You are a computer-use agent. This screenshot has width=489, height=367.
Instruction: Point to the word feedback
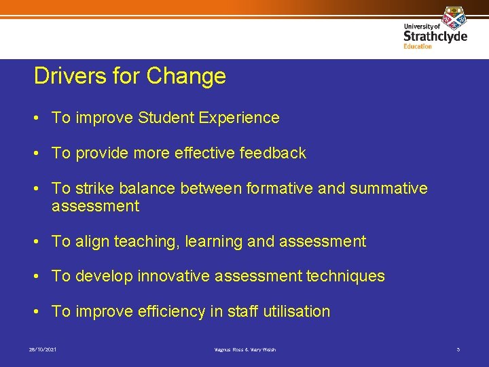(273, 153)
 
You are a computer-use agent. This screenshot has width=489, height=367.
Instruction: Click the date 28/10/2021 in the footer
(43, 349)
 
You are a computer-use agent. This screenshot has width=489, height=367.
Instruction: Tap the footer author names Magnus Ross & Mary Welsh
(244, 349)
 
